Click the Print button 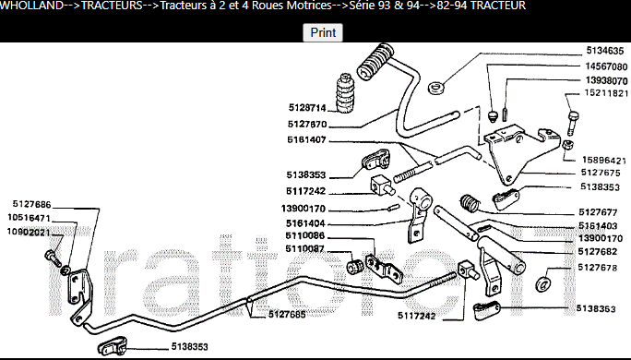[x=323, y=32]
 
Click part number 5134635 [x=605, y=51]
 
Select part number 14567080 [x=606, y=66]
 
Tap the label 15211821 [x=606, y=93]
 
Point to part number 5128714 [x=307, y=107]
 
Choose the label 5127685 [x=287, y=314]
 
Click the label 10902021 [x=29, y=233]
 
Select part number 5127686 [x=31, y=205]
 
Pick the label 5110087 [x=304, y=249]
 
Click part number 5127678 [x=597, y=268]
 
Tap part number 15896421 [x=604, y=161]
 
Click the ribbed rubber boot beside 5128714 [x=345, y=93]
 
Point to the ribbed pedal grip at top [x=375, y=62]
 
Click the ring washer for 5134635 [x=435, y=88]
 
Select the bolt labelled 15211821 [x=573, y=123]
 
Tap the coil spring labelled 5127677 [x=470, y=203]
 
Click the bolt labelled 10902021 [x=53, y=258]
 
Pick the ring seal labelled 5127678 [x=543, y=283]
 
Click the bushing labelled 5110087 [x=355, y=266]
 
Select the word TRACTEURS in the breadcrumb [x=112, y=6]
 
